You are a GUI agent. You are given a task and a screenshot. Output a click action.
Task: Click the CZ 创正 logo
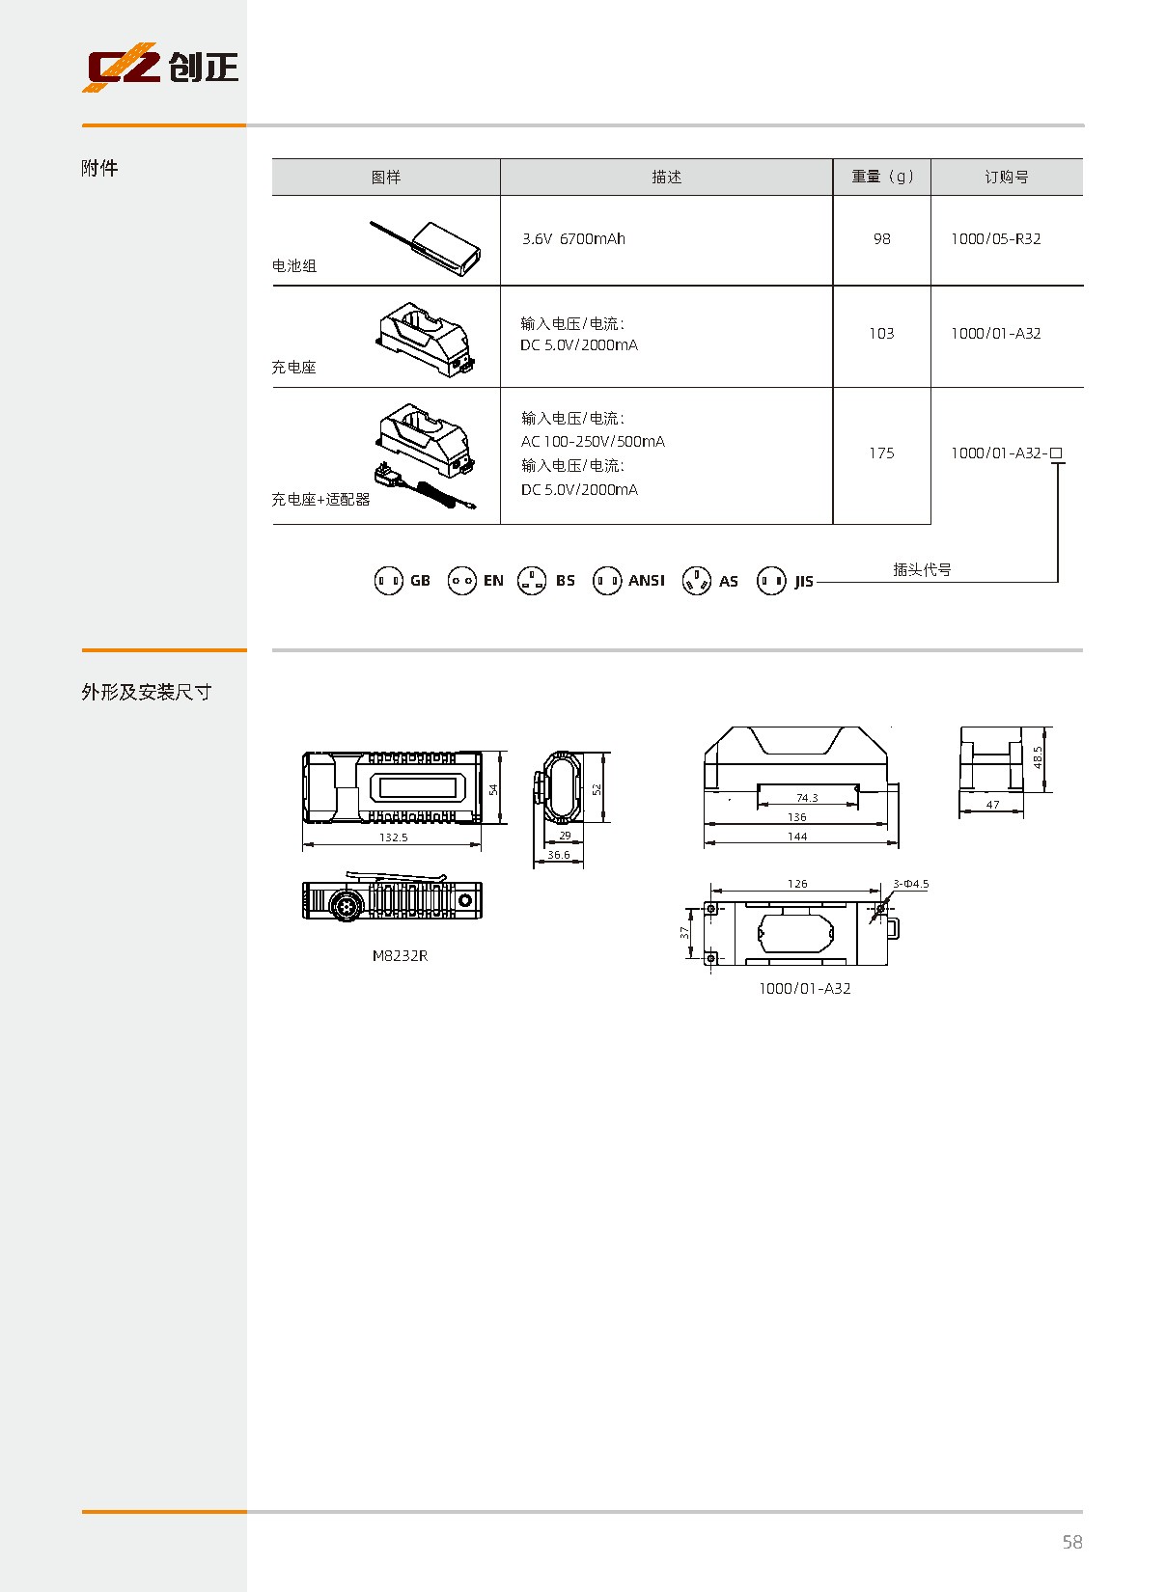160,67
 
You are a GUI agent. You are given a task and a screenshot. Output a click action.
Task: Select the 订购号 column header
1006,177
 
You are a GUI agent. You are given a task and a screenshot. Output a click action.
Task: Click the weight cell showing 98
881,239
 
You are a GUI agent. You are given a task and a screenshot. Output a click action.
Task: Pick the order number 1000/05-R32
995,239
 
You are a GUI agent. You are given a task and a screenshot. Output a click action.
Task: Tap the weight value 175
881,453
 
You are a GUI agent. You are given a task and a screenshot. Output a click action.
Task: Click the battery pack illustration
425,247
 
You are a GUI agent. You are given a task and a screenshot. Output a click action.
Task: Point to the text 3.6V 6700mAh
573,239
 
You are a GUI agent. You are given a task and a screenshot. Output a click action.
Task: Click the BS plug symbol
532,581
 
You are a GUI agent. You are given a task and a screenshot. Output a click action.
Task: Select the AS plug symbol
696,581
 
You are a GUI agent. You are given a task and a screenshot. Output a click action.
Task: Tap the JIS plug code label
804,582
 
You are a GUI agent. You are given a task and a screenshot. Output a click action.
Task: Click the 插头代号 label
922,569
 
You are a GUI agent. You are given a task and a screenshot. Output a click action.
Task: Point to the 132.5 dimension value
393,837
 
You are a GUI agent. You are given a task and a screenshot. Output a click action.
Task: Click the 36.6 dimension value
558,855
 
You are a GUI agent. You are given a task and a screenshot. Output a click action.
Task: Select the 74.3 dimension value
807,798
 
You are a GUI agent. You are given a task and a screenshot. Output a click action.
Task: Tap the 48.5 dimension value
1038,757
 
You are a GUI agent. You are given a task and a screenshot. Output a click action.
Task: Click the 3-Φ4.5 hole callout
911,884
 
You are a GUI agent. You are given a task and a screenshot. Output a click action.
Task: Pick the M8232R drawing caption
401,956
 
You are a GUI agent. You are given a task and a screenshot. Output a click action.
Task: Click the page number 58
1072,1542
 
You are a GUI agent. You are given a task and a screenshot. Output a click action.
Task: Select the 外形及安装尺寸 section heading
147,692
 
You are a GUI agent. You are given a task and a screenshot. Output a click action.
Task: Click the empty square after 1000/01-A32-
1056,453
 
